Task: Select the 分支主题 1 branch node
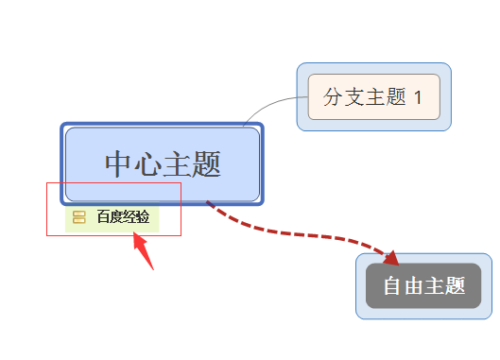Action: (x=373, y=96)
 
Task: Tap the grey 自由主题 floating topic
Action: (x=423, y=285)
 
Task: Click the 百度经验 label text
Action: (x=123, y=217)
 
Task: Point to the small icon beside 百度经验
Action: (x=79, y=217)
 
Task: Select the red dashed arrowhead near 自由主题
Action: (x=390, y=257)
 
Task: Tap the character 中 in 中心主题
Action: (x=119, y=164)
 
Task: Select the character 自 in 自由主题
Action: (x=392, y=286)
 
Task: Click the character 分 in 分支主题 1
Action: (x=334, y=96)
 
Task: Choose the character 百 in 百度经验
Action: (x=103, y=217)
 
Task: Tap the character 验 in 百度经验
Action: (x=143, y=217)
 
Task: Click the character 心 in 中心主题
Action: (x=148, y=164)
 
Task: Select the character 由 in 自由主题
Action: (x=413, y=286)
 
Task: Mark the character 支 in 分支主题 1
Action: (x=354, y=96)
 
